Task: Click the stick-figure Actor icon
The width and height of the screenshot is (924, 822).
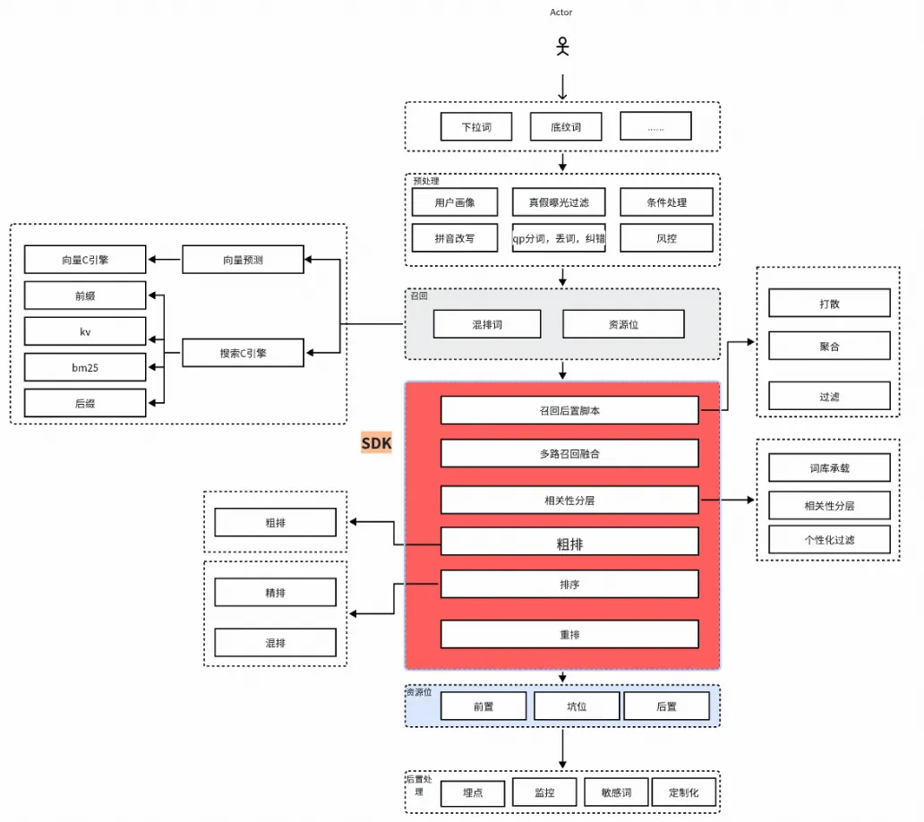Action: coord(563,47)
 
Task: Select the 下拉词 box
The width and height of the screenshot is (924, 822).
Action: coord(476,126)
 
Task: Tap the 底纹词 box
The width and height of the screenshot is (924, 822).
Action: coord(566,126)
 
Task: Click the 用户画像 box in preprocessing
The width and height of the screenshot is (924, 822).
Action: coord(454,202)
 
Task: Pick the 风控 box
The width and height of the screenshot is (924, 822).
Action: coord(666,238)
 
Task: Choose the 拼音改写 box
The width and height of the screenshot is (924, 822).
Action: coord(454,238)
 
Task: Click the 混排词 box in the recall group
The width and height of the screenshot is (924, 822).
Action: coord(487,324)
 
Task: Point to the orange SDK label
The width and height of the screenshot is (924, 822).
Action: coord(377,443)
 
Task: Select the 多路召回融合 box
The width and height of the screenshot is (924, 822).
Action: coord(569,453)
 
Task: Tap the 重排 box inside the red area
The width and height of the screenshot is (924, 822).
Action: coord(569,634)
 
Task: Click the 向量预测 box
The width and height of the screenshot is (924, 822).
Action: coord(243,260)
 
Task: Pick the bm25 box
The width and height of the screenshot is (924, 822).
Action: coord(85,367)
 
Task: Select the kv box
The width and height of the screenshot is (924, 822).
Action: coord(85,331)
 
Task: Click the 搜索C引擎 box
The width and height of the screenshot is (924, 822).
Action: coord(243,353)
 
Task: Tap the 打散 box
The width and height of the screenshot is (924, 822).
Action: coord(829,303)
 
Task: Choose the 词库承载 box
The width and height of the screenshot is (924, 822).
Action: coord(829,468)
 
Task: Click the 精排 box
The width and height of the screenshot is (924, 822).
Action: coord(275,592)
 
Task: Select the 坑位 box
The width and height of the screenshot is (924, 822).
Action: coord(577,706)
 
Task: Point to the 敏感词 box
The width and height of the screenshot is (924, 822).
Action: coord(616,792)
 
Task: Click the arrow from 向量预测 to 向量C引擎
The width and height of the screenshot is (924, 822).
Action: coord(165,260)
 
